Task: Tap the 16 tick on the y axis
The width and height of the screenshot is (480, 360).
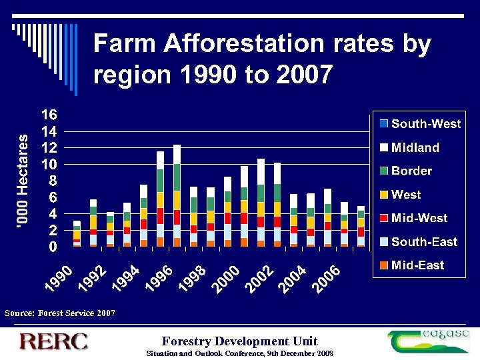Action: tap(49, 115)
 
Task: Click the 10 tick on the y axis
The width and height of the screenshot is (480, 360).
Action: tap(49, 164)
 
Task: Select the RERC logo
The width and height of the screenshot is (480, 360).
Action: tap(54, 341)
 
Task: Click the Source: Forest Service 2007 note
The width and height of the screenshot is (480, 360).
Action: tap(60, 313)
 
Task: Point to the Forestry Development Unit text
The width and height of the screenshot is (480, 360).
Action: tap(239, 341)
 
